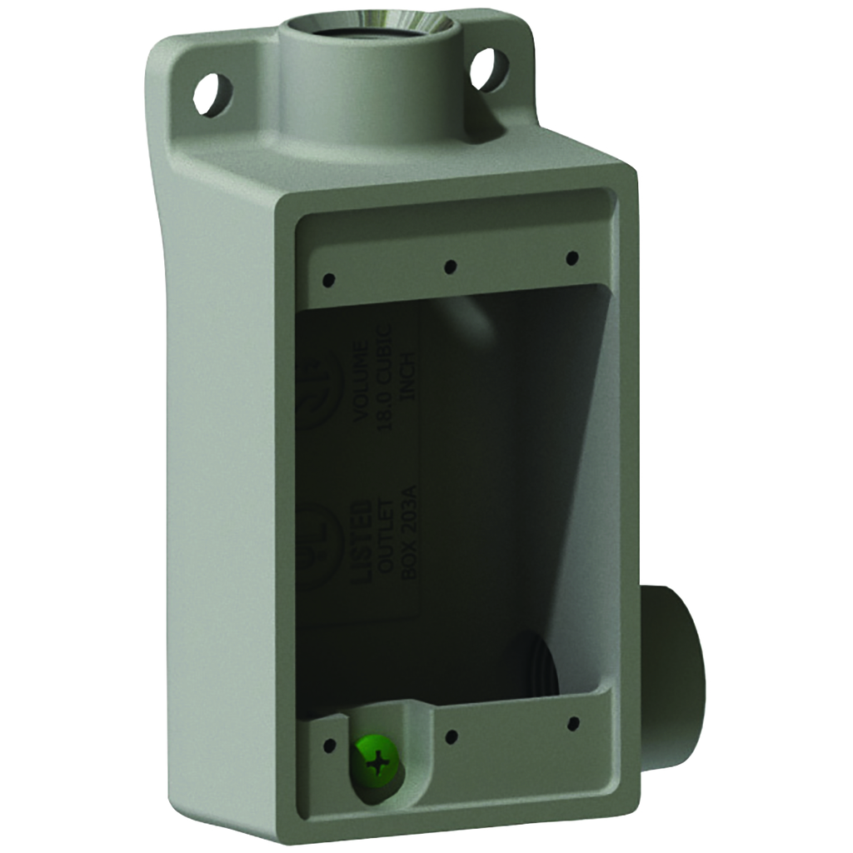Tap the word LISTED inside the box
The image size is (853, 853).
(x=360, y=542)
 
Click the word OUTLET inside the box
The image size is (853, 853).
(x=384, y=542)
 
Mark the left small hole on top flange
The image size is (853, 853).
(x=329, y=279)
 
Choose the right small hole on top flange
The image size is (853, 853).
(x=572, y=258)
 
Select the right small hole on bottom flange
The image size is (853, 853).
(x=573, y=722)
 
